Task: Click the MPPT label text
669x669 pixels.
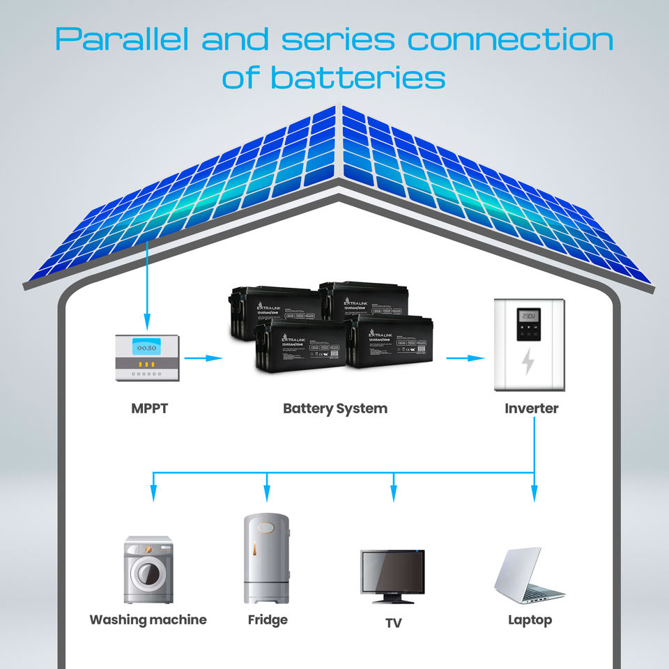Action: point(149,408)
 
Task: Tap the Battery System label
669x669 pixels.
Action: point(334,408)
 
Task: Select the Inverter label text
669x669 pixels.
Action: point(531,408)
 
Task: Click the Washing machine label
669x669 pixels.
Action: point(148,620)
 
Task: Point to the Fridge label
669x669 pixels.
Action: point(268,620)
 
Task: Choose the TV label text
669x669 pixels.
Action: point(394,622)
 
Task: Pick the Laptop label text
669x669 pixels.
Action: point(530,620)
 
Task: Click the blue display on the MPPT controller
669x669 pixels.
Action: point(147,346)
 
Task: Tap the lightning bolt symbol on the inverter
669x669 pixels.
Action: point(528,362)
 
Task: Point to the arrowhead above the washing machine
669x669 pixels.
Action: point(154,495)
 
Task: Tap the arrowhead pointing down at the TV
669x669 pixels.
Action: point(394,495)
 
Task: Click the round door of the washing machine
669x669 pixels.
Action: point(148,574)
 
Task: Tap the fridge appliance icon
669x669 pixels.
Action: point(266,559)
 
